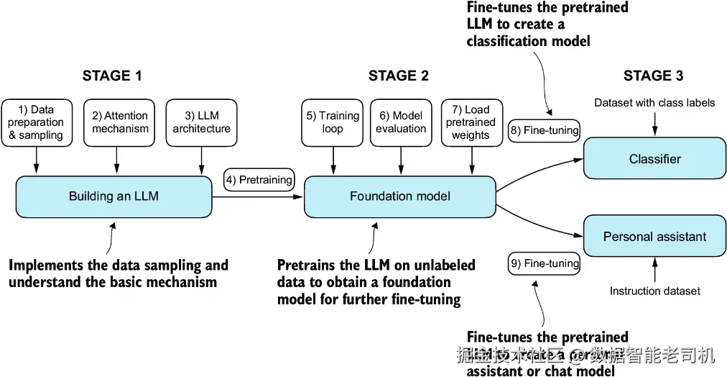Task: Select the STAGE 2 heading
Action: point(399,76)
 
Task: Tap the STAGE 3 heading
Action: point(653,76)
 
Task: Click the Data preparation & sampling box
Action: point(36,122)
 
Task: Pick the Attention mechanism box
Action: point(120,122)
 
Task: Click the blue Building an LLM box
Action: point(114,196)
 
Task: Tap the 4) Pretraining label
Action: point(259,179)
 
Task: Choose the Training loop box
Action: point(333,122)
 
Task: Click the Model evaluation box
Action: point(401,122)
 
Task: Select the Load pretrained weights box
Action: point(471,122)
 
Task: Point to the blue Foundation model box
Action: point(400,196)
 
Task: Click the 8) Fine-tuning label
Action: point(544,130)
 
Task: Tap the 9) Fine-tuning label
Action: point(544,263)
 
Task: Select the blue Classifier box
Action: point(654,159)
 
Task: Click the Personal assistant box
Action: point(654,236)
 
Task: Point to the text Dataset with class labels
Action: point(654,103)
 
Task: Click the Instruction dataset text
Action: point(654,291)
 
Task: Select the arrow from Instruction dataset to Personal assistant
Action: point(654,269)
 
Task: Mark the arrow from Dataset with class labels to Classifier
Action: point(654,124)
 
